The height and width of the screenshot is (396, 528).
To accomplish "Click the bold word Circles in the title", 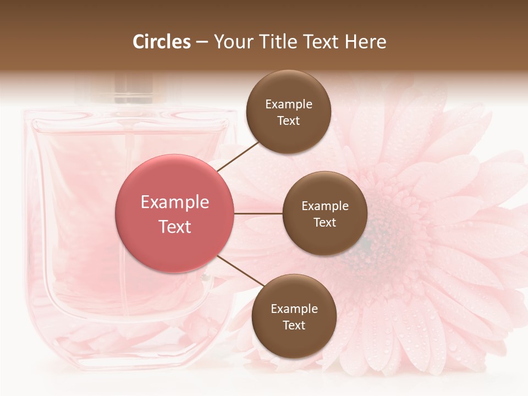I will coord(162,42).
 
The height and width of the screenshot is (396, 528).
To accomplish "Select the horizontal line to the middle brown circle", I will coord(258,213).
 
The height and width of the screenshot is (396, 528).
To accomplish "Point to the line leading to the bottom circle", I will coord(240,271).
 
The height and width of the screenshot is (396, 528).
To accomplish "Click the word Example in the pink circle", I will coord(175,202).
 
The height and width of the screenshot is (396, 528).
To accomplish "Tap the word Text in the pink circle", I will coord(175,227).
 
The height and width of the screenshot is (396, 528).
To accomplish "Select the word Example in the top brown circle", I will coord(289,105).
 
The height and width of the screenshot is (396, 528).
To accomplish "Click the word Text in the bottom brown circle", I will coord(294,325).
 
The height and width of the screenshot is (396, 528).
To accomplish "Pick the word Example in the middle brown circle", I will coord(325,206).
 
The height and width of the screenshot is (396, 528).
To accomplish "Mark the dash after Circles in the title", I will coord(202,42).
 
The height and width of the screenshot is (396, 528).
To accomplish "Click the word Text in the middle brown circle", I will coord(324,222).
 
